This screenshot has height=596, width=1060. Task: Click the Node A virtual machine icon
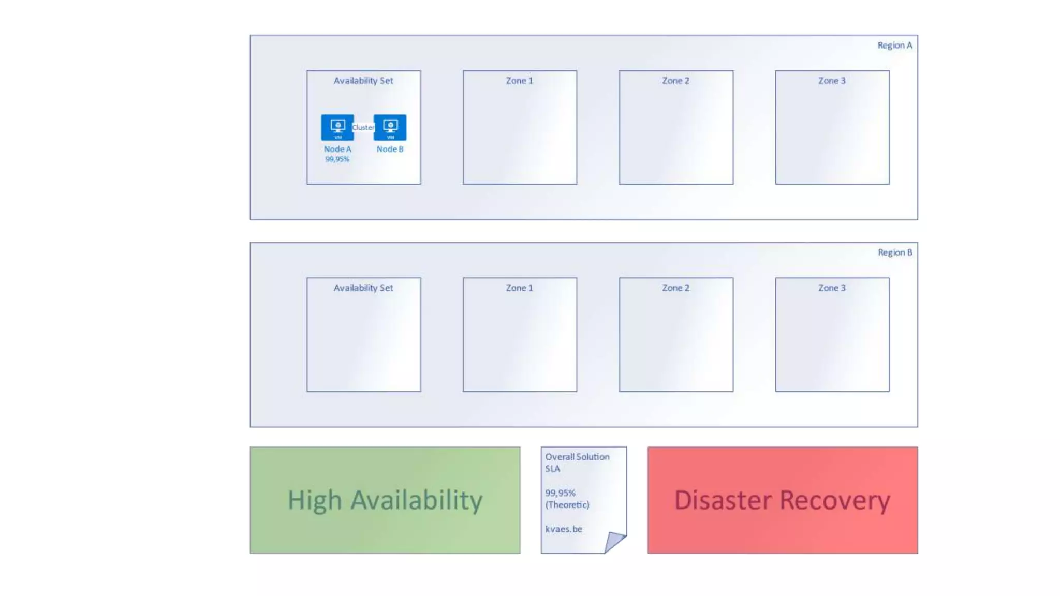point(337,127)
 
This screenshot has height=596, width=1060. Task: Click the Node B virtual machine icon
point(390,127)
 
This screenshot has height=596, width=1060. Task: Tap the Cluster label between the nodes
point(363,127)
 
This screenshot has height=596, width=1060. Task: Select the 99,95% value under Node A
point(337,159)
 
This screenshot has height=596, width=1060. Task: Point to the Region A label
point(894,46)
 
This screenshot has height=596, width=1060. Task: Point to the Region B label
point(894,252)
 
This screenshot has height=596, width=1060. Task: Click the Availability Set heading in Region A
point(363,81)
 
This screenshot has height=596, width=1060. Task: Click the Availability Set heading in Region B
point(363,288)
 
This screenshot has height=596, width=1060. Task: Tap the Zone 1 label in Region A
point(519,81)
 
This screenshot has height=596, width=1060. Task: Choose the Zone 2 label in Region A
point(675,81)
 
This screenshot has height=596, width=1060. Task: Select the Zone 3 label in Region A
point(832,81)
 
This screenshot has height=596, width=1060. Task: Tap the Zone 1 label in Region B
point(519,288)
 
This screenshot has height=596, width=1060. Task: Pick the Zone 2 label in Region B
point(675,288)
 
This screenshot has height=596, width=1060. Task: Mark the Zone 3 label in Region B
point(832,288)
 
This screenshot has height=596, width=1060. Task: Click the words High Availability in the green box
point(385,500)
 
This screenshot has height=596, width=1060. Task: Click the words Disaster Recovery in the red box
point(782,500)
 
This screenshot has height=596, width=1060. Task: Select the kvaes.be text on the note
point(564,529)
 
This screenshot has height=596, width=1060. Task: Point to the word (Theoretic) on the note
point(567,505)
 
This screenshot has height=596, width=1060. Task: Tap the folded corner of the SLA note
point(614,541)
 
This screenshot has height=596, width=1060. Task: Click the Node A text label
point(337,149)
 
